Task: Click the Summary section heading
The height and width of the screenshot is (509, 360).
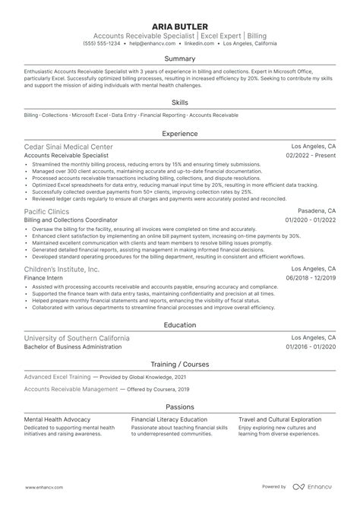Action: pos(180,58)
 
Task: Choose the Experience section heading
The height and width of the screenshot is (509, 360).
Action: pos(180,132)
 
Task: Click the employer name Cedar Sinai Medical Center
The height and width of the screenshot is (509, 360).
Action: pos(68,146)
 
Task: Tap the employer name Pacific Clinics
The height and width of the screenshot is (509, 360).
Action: pos(46,211)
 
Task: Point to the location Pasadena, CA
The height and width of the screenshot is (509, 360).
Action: pos(315,211)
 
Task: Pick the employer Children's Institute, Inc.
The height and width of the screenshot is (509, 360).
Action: pos(62,270)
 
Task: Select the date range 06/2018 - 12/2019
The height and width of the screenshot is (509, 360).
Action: pos(311,279)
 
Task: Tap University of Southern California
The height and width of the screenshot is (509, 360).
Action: pos(77,337)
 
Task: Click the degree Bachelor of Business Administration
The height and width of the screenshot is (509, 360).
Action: pos(73,346)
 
